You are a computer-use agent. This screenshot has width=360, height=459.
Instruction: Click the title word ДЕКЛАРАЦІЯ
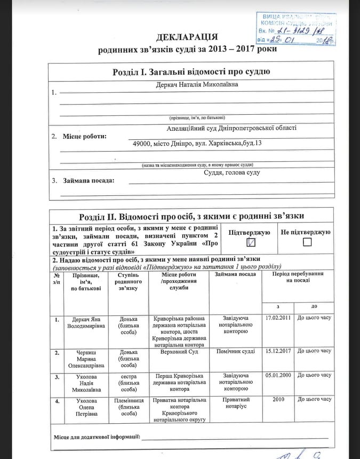pos(187,37)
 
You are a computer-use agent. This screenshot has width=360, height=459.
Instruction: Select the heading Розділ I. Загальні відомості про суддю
pos(191,72)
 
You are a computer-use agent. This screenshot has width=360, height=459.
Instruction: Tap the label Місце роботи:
pos(84,136)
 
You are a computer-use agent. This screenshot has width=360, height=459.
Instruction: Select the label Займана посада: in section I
pos(89,180)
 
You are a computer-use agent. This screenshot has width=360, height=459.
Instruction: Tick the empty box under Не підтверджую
pos(306,242)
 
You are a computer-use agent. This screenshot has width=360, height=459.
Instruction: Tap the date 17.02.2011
pos(278,318)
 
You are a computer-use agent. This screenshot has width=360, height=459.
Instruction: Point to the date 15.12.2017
pos(278,351)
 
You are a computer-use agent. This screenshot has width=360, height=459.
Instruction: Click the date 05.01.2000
pos(278,375)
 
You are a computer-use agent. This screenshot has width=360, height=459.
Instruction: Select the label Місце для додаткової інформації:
pos(97,438)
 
